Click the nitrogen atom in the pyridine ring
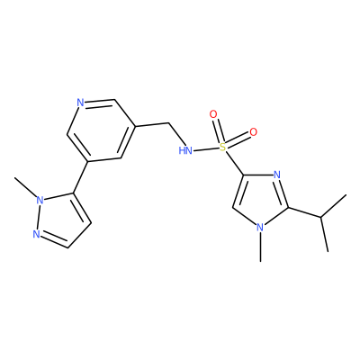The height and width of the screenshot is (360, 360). [x=80, y=103]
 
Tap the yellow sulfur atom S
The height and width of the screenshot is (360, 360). [x=222, y=147]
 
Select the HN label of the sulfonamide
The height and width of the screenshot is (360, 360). [x=185, y=150]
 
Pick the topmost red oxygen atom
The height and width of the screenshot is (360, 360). [x=213, y=114]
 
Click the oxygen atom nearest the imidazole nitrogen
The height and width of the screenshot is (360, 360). [x=254, y=131]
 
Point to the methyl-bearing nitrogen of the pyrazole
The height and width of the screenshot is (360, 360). [x=40, y=200]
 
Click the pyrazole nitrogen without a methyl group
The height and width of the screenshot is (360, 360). [x=36, y=234]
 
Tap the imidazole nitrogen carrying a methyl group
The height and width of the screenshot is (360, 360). [x=260, y=227]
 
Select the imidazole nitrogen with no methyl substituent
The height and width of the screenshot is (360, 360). [x=277, y=175]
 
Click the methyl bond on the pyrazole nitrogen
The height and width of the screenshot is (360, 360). [x=25, y=186]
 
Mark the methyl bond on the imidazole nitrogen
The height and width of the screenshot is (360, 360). [x=261, y=247]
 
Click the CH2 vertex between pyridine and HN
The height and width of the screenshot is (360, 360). [x=168, y=122]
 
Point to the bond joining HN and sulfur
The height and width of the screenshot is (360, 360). [x=206, y=148]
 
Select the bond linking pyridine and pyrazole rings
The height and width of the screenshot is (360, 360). [x=80, y=178]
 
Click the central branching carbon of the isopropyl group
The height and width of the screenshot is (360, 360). [x=320, y=217]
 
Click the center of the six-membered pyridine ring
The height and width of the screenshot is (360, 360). [x=101, y=130]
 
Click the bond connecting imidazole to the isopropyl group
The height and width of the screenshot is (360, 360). [x=304, y=211]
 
